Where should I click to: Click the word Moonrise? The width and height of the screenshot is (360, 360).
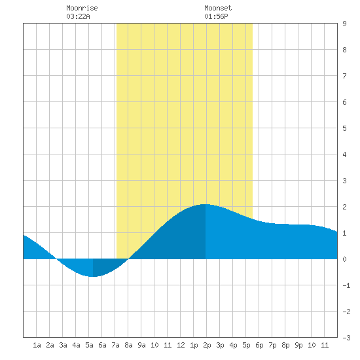click(82, 8)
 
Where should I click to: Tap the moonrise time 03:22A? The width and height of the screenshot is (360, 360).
click(78, 16)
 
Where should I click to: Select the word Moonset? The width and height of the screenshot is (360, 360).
click(218, 8)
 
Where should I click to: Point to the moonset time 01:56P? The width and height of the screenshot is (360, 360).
click(216, 16)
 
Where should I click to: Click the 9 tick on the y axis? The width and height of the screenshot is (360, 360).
click(344, 24)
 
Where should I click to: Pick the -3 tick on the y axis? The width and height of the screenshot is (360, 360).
click(346, 338)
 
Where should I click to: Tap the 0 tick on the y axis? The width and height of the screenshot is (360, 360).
click(344, 259)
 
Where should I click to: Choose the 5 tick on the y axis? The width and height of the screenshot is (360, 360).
click(344, 128)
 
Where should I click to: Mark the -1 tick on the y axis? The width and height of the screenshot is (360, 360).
click(346, 285)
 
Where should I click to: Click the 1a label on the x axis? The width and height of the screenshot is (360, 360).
click(37, 345)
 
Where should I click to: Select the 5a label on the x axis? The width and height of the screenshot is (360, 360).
click(89, 345)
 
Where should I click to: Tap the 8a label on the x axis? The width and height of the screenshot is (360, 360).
click(128, 345)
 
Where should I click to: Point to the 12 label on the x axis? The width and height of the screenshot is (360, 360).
click(181, 345)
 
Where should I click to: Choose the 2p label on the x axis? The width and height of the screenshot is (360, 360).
click(207, 345)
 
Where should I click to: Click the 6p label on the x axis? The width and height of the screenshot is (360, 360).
click(259, 345)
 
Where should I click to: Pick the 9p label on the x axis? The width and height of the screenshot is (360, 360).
click(298, 345)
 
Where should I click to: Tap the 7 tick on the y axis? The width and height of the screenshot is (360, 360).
click(344, 76)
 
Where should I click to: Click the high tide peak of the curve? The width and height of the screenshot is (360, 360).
click(205, 204)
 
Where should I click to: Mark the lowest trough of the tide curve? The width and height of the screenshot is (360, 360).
click(93, 277)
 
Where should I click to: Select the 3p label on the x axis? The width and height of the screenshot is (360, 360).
click(220, 345)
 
